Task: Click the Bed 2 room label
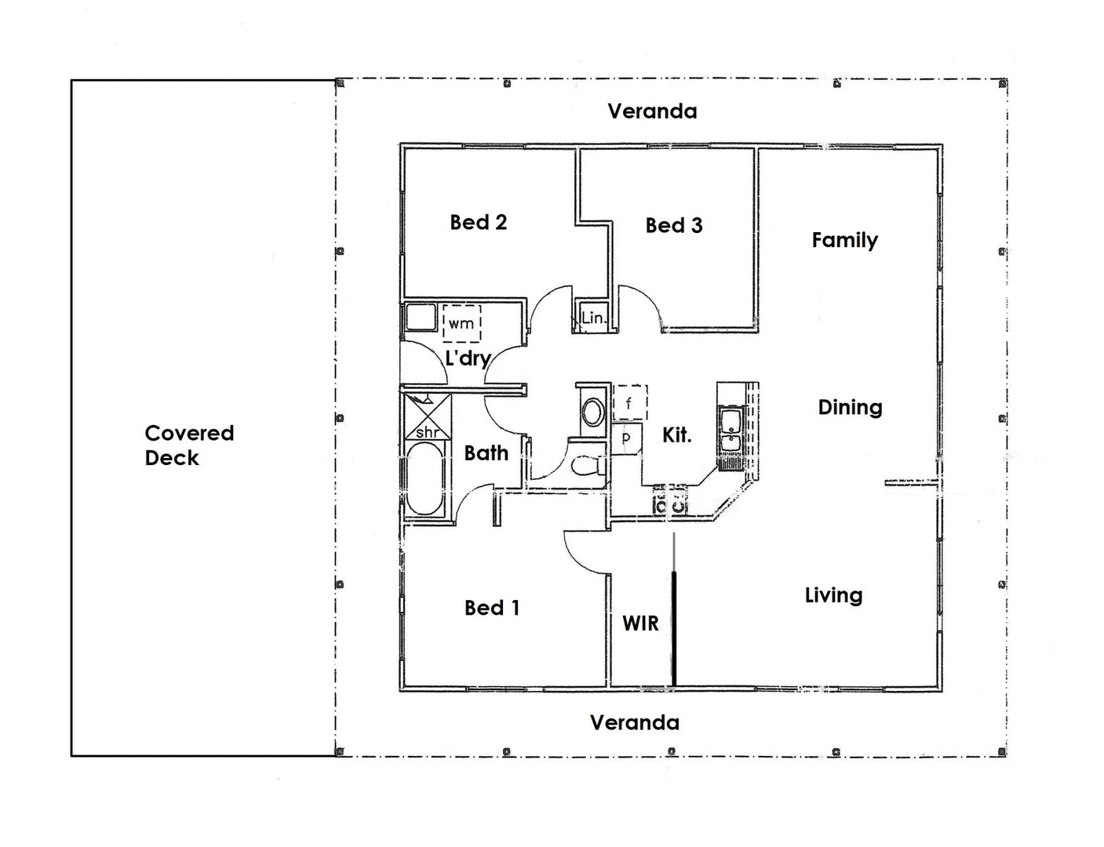tap(478, 223)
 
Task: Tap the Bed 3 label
tap(674, 225)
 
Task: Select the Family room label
tap(844, 240)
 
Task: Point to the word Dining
tap(850, 408)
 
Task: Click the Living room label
tap(834, 595)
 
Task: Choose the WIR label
tap(640, 623)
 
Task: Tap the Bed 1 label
tap(492, 608)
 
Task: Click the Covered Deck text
tap(190, 445)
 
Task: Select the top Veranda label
tap(652, 111)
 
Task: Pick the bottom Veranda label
tap(635, 722)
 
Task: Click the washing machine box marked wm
tap(462, 323)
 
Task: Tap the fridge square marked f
tap(630, 402)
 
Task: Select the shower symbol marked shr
tap(428, 417)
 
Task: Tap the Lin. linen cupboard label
tap(594, 318)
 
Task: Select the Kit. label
tap(676, 436)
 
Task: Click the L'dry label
tap(468, 358)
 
